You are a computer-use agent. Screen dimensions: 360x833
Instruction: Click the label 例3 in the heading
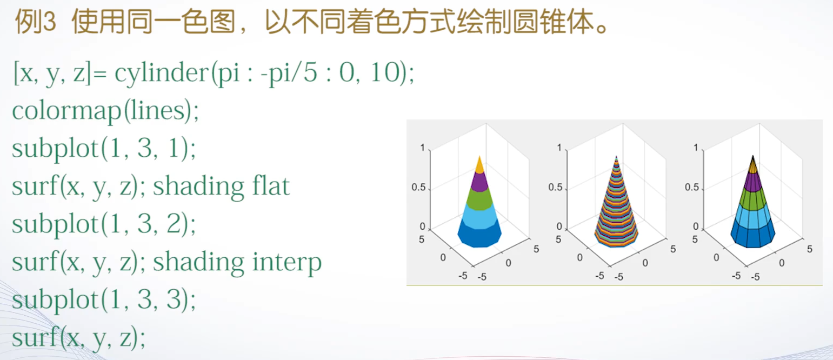[36, 23]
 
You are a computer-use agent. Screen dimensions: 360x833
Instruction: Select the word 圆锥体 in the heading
[557, 23]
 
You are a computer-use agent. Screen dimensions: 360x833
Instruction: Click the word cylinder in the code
[162, 73]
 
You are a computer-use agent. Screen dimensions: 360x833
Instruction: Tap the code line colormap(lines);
[105, 111]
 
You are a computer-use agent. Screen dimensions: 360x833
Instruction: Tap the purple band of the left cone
[479, 182]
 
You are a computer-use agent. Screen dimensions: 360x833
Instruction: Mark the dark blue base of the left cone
[479, 237]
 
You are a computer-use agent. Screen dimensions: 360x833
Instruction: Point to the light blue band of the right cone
[752, 217]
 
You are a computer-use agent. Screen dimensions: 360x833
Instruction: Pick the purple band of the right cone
[752, 182]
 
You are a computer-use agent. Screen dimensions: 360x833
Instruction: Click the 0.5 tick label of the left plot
[418, 188]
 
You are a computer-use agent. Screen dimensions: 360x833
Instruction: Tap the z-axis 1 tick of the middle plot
[558, 148]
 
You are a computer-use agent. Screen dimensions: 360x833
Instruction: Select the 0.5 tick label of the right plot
[692, 188]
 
